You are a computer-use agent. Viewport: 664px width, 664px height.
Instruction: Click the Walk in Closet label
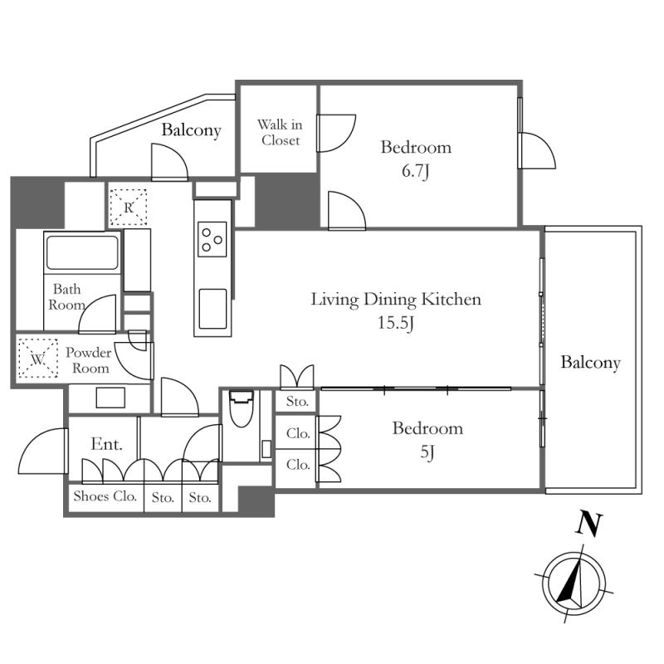point(280,132)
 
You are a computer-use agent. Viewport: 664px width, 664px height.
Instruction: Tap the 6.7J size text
point(416,171)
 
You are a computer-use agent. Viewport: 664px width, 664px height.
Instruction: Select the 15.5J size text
point(396,323)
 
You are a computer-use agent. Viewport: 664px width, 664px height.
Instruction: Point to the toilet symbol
point(242,408)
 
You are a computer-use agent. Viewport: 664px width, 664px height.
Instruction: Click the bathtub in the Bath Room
point(82,252)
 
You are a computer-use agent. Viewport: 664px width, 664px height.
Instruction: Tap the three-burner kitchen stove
point(212,239)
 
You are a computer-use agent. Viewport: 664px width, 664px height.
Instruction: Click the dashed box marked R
point(129,207)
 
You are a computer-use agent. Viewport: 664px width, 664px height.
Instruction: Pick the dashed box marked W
point(37,359)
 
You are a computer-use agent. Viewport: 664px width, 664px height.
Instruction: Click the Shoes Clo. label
point(105,496)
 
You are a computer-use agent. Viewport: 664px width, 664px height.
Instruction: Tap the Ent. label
point(107,444)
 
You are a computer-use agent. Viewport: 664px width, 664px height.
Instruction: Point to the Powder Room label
point(89,360)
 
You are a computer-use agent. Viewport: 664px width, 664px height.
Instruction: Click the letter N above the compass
point(589,525)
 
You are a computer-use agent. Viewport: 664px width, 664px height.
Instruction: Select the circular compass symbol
point(574,583)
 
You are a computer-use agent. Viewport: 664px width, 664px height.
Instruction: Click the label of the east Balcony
point(591,363)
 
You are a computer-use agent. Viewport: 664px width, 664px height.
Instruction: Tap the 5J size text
point(427,452)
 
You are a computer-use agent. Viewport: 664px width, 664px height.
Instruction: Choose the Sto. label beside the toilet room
point(297,402)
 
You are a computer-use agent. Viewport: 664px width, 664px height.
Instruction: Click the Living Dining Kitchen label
point(396,300)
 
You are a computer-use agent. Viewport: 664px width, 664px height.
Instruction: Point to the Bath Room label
point(67,297)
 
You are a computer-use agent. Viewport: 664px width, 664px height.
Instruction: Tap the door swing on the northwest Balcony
point(169,162)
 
